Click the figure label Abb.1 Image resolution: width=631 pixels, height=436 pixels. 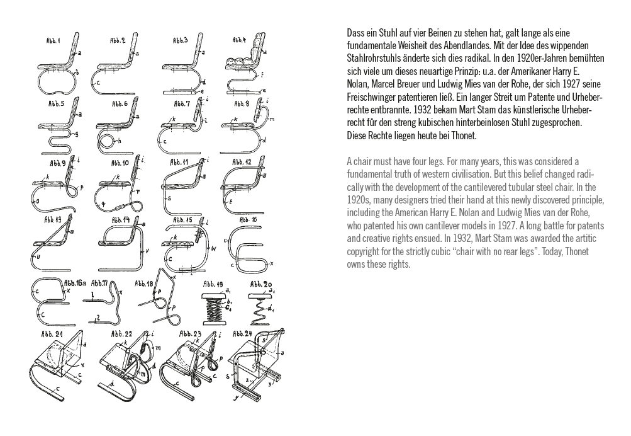pos(53,41)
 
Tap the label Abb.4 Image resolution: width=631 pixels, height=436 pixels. pos(239,40)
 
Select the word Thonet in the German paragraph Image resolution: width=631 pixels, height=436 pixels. pos(464,135)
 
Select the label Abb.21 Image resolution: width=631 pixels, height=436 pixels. pos(51,334)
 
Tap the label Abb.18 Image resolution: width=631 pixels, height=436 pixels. pos(142,284)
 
